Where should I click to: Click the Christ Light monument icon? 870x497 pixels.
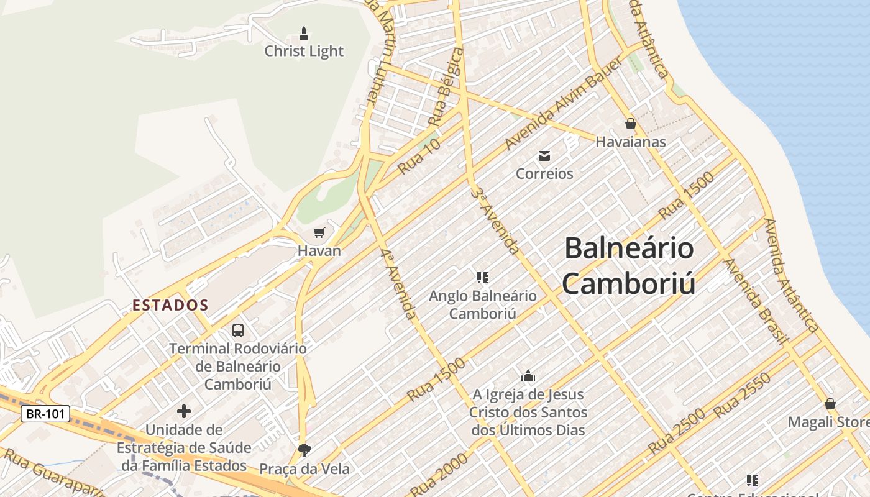pyautogui.click(x=304, y=33)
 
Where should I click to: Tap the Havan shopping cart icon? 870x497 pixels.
pyautogui.click(x=319, y=233)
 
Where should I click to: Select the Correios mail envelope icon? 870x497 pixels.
pyautogui.click(x=544, y=155)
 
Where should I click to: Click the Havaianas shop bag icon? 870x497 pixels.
pyautogui.click(x=630, y=124)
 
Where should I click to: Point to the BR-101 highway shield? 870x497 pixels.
pyautogui.click(x=45, y=414)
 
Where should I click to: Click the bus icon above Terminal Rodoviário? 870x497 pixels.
pyautogui.click(x=238, y=330)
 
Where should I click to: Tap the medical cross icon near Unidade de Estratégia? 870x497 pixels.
pyautogui.click(x=184, y=411)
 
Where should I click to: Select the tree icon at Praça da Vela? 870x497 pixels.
pyautogui.click(x=304, y=450)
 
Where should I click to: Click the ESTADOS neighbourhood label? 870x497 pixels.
pyautogui.click(x=170, y=305)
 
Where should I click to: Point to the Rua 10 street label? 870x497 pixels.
pyautogui.click(x=419, y=156)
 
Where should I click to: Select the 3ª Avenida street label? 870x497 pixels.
pyautogui.click(x=495, y=221)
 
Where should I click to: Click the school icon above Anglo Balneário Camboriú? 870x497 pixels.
pyautogui.click(x=483, y=277)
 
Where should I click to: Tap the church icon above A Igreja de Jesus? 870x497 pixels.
pyautogui.click(x=528, y=376)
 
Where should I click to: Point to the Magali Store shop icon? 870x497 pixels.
pyautogui.click(x=830, y=404)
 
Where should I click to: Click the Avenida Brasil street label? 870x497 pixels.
pyautogui.click(x=755, y=301)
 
